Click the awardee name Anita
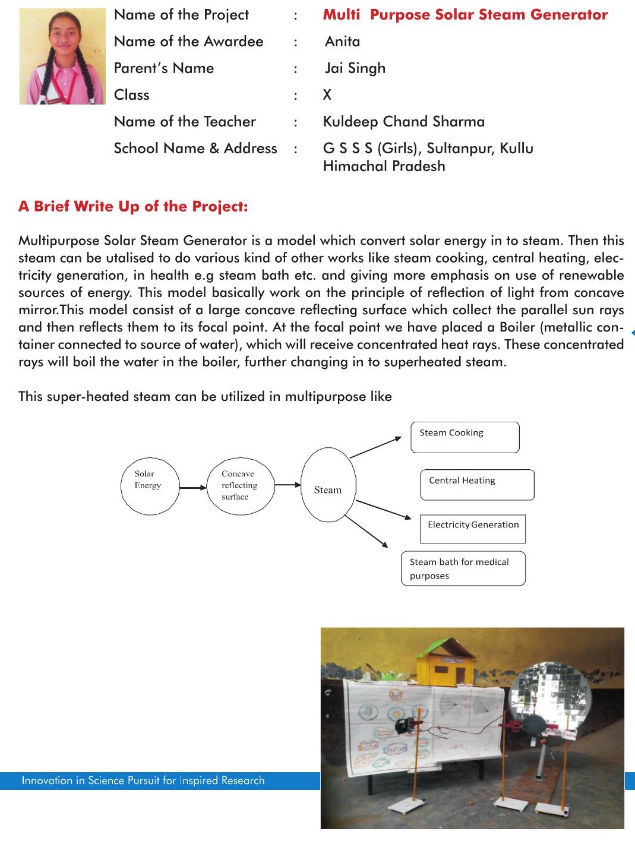(x=342, y=42)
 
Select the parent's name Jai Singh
(x=355, y=68)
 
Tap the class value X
(x=327, y=95)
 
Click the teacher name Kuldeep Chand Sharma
(x=403, y=122)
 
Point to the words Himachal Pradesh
(x=384, y=166)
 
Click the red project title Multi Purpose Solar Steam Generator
(x=465, y=15)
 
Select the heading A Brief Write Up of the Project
(x=133, y=207)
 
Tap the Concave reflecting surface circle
(x=240, y=485)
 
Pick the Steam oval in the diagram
(x=328, y=485)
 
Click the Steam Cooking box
(x=465, y=437)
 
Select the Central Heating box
(x=477, y=485)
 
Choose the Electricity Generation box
(x=473, y=529)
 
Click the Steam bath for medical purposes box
(x=463, y=569)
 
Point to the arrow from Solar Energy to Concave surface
(x=192, y=488)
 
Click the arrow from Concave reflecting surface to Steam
(x=288, y=485)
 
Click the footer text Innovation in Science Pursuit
(x=143, y=780)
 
